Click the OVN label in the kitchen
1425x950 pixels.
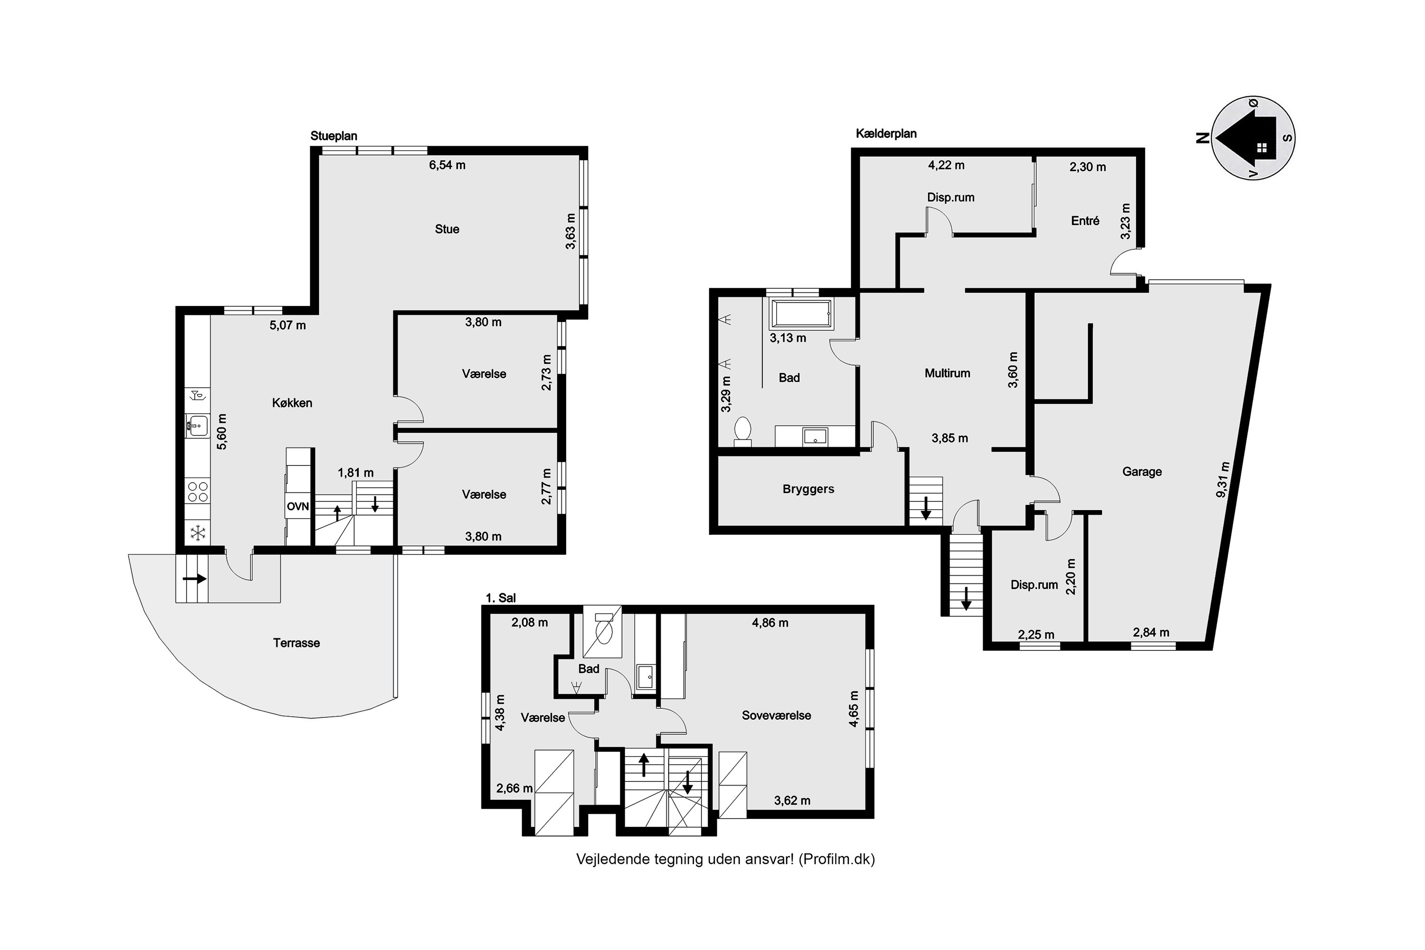(297, 506)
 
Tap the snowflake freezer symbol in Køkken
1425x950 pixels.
(198, 533)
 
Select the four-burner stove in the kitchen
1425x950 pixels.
(198, 491)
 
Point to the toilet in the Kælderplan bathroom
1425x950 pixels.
(742, 431)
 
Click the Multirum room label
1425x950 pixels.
(948, 373)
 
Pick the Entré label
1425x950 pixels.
(1085, 220)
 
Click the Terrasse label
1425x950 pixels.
(296, 643)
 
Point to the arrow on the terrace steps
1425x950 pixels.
(194, 579)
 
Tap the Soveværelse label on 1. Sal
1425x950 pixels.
(776, 715)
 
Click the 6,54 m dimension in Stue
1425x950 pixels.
(447, 165)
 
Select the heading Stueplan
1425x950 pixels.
(334, 136)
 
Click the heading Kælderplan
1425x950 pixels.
(886, 134)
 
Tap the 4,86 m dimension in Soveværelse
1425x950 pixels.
(770, 622)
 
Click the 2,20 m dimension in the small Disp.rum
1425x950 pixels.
(1071, 576)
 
